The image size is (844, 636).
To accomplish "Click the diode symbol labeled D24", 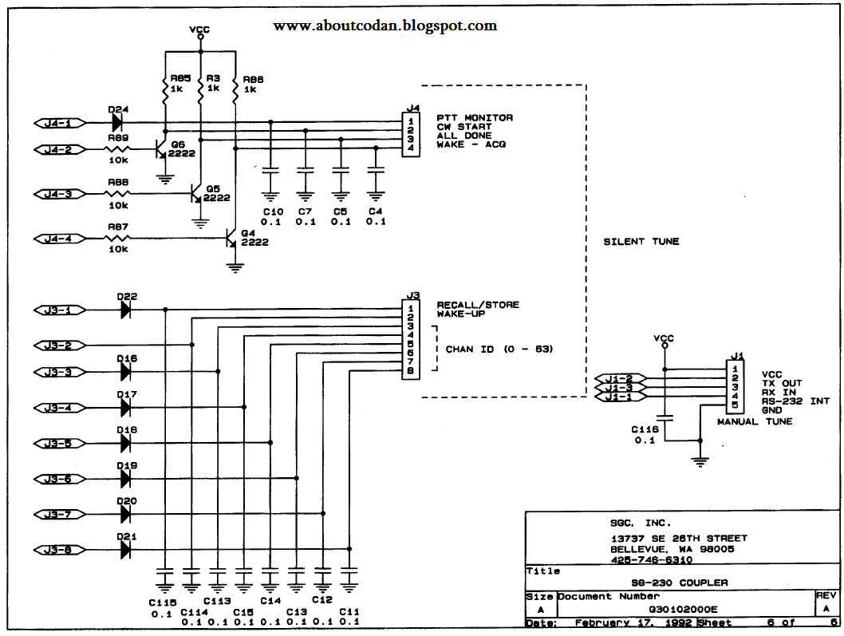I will (117, 123).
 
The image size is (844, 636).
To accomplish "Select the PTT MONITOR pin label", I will (475, 118).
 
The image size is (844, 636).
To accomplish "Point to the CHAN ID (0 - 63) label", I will (499, 350).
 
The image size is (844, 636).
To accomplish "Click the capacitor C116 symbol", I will (662, 418).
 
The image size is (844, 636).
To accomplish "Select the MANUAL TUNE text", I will (754, 421).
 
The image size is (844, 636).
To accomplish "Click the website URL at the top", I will (385, 26).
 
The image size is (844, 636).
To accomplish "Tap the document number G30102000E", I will (682, 609).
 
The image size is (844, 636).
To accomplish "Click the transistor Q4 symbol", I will (231, 239).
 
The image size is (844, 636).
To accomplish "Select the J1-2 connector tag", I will (619, 378).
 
